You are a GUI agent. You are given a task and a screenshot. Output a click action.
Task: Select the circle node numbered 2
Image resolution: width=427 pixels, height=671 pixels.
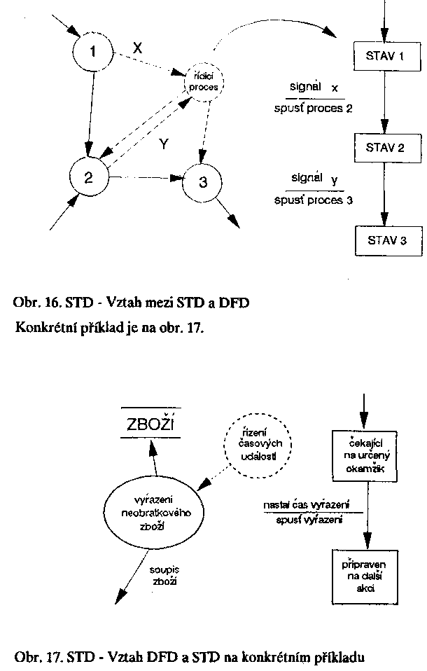tap(89, 177)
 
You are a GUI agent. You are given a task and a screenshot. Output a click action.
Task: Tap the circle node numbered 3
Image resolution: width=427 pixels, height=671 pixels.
tap(203, 183)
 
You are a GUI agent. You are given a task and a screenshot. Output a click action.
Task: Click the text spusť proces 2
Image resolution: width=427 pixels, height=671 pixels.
tap(314, 109)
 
